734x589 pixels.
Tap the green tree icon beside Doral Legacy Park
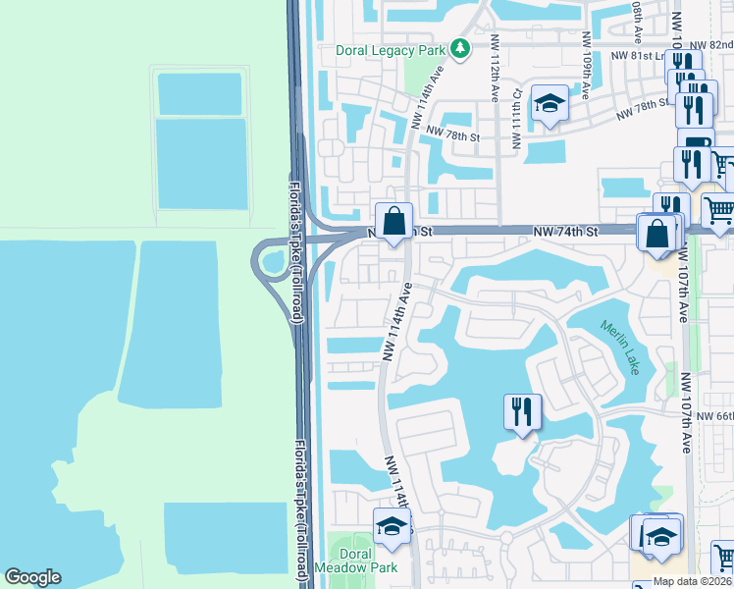point(459,48)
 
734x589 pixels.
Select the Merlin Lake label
point(619,346)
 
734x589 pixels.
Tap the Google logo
point(32,577)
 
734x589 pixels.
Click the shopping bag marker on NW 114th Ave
point(393,223)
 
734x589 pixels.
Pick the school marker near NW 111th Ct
point(550,103)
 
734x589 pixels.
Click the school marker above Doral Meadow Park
point(392,527)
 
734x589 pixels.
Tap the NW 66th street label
point(714,416)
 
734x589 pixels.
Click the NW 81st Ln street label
point(648,56)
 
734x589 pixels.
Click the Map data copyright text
point(692,581)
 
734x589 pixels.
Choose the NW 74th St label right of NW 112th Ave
point(565,231)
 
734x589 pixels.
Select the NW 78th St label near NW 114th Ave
point(458,136)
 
